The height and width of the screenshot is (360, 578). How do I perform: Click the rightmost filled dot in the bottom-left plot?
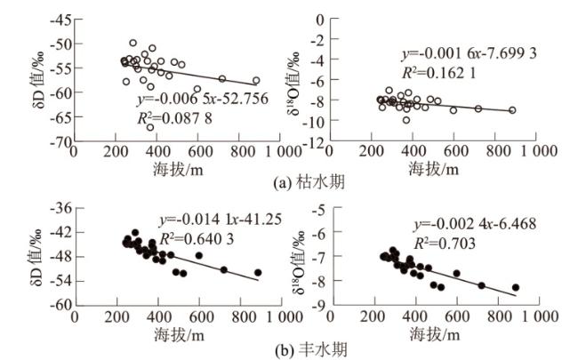[258, 272]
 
